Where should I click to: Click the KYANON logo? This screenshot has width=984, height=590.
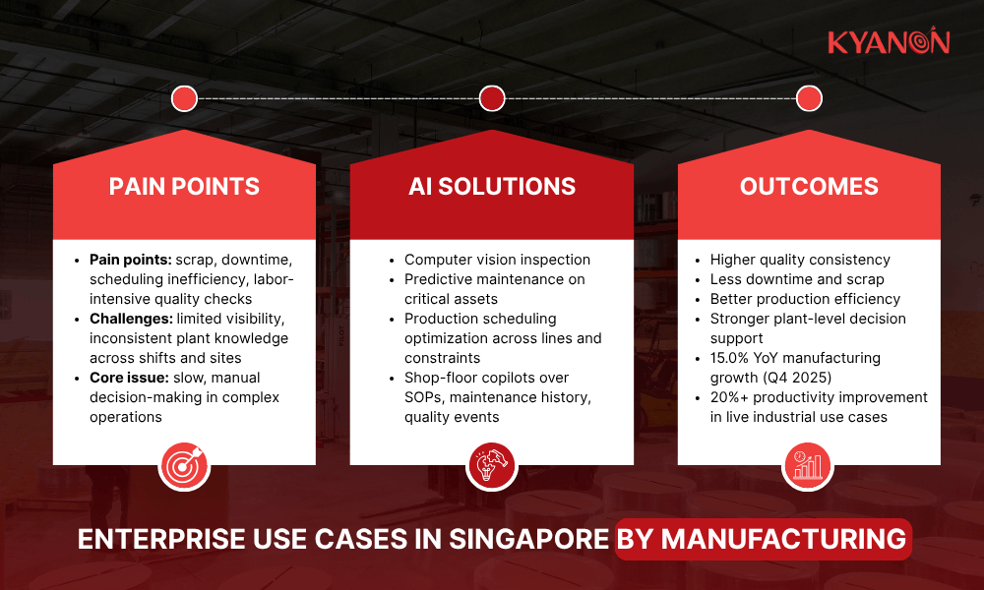[x=888, y=41]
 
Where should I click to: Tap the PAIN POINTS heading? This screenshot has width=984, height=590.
[x=184, y=187]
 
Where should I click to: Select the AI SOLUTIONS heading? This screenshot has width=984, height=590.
[x=492, y=187]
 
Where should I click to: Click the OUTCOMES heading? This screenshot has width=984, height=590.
[x=809, y=187]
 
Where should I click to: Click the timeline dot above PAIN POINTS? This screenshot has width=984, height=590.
[x=184, y=98]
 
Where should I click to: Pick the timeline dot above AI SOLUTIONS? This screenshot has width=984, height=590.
[x=492, y=98]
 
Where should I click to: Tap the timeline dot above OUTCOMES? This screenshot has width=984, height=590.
[x=809, y=98]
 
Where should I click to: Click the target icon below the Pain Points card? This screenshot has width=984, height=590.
[x=184, y=465]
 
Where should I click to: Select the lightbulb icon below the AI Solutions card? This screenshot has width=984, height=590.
[x=492, y=465]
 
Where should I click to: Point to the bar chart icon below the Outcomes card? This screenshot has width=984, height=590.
[x=808, y=465]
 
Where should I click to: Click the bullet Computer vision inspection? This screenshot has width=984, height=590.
[x=497, y=260]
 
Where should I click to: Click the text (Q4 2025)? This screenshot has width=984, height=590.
[x=796, y=378]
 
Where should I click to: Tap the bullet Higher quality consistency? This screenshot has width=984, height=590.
[x=800, y=260]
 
